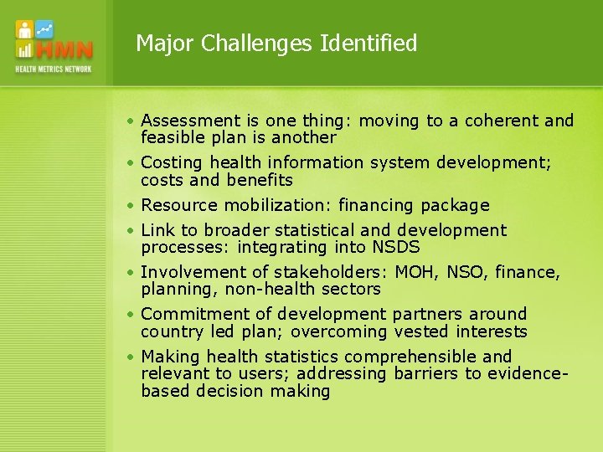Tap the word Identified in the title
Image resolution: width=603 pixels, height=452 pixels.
click(368, 43)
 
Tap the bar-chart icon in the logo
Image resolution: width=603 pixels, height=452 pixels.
click(24, 50)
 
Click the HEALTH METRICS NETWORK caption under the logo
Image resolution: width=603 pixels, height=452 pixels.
click(53, 69)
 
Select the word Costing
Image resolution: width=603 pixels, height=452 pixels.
click(172, 162)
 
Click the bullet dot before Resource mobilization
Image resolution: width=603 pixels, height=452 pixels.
click(132, 205)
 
